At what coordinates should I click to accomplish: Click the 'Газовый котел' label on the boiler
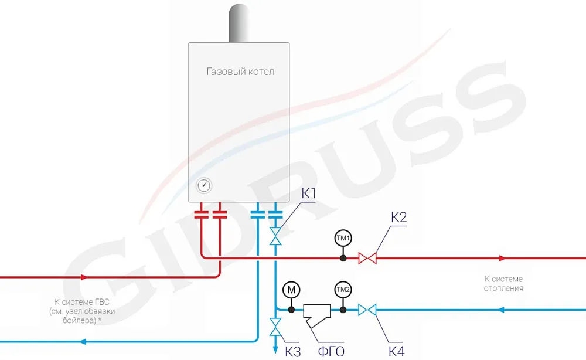pos(240,72)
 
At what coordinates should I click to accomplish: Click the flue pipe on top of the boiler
pos(239,23)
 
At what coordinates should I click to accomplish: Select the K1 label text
pos(309,194)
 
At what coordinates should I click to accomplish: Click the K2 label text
pos(399,218)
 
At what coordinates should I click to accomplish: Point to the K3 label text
pos(292,352)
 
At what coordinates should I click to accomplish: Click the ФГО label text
pos(331,352)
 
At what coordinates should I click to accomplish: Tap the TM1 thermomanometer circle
pos(343,239)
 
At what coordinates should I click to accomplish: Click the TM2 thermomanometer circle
pos(343,290)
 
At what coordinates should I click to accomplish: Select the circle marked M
pos(291,290)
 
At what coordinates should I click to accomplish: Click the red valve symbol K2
pos(367,258)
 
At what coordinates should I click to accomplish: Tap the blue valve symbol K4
pos(367,309)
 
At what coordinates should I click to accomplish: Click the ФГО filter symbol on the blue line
pos(317,313)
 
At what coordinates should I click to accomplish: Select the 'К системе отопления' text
pos(503,283)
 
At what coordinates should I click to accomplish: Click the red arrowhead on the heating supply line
pos(502,258)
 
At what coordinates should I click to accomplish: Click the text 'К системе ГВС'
pos(81,301)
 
